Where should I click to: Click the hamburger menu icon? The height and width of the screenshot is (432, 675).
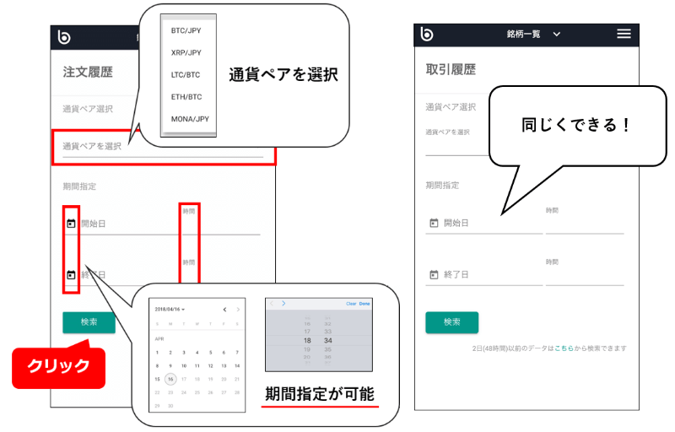tap(624, 34)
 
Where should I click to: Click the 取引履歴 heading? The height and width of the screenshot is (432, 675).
tap(451, 73)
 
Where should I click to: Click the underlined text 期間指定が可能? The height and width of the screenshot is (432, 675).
tap(319, 394)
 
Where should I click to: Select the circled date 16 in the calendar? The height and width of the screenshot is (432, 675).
tap(170, 380)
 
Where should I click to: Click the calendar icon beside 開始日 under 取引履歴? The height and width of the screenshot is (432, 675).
tap(434, 223)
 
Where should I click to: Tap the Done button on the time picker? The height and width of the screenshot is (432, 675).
tap(365, 304)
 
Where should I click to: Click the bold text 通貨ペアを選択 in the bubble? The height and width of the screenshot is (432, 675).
tap(283, 75)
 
